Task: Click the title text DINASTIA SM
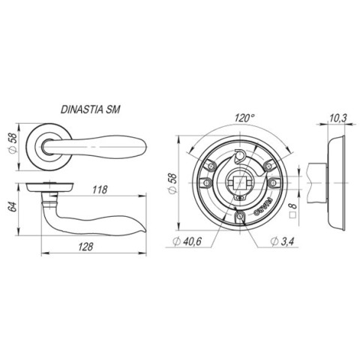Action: (x=91, y=109)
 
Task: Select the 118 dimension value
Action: (x=100, y=190)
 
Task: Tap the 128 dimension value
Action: (x=85, y=247)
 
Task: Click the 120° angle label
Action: (x=244, y=118)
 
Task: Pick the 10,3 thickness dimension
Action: (x=337, y=118)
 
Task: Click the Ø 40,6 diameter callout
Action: (x=187, y=241)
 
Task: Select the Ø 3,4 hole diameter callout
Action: (x=282, y=241)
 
